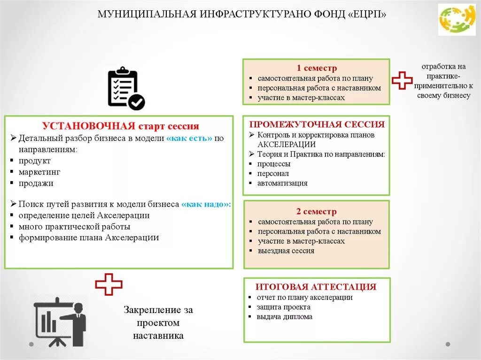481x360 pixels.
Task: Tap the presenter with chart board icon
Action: tap(60, 322)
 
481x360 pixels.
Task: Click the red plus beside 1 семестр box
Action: tap(402, 80)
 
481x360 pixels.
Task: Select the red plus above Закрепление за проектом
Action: tap(109, 284)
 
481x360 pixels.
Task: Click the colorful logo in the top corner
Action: tap(457, 19)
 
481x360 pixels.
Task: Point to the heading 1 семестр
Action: tap(316, 68)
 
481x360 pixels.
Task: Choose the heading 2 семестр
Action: tap(316, 211)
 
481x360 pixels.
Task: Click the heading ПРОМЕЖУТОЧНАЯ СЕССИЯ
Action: tap(317, 124)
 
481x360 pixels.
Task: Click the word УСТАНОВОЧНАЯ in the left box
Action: tap(89, 126)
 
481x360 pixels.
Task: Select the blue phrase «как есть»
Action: tap(189, 138)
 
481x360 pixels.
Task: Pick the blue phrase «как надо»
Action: tap(206, 205)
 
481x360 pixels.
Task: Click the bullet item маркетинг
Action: tap(39, 172)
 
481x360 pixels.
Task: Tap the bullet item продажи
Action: tap(36, 184)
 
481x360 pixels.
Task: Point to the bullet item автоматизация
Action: tap(282, 183)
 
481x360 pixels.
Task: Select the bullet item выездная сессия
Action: tap(286, 251)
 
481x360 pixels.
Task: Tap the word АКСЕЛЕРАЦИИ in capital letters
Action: tap(287, 145)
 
